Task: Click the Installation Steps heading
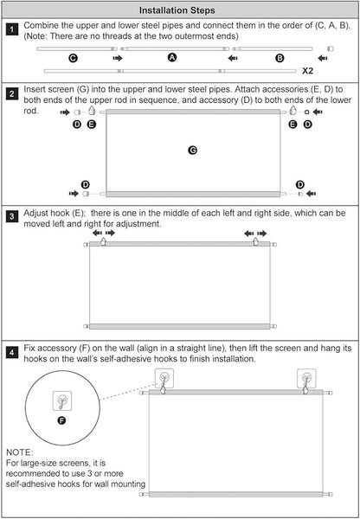click(177, 10)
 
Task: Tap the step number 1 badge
click(11, 29)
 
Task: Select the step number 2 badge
click(11, 93)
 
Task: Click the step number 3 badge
click(11, 217)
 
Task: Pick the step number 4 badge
click(11, 352)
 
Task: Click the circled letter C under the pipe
click(74, 58)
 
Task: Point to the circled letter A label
click(172, 58)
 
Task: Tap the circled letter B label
click(280, 58)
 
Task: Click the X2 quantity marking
click(307, 71)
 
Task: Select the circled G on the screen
click(192, 151)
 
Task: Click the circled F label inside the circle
click(61, 420)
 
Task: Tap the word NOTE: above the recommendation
click(20, 452)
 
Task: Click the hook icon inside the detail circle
click(62, 400)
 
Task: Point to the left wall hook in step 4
click(164, 379)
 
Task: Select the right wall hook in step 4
click(306, 379)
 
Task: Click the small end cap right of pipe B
click(331, 48)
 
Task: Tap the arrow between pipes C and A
click(118, 58)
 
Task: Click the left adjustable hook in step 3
click(103, 241)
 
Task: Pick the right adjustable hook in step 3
click(255, 241)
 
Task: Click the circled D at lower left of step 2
click(86, 184)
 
